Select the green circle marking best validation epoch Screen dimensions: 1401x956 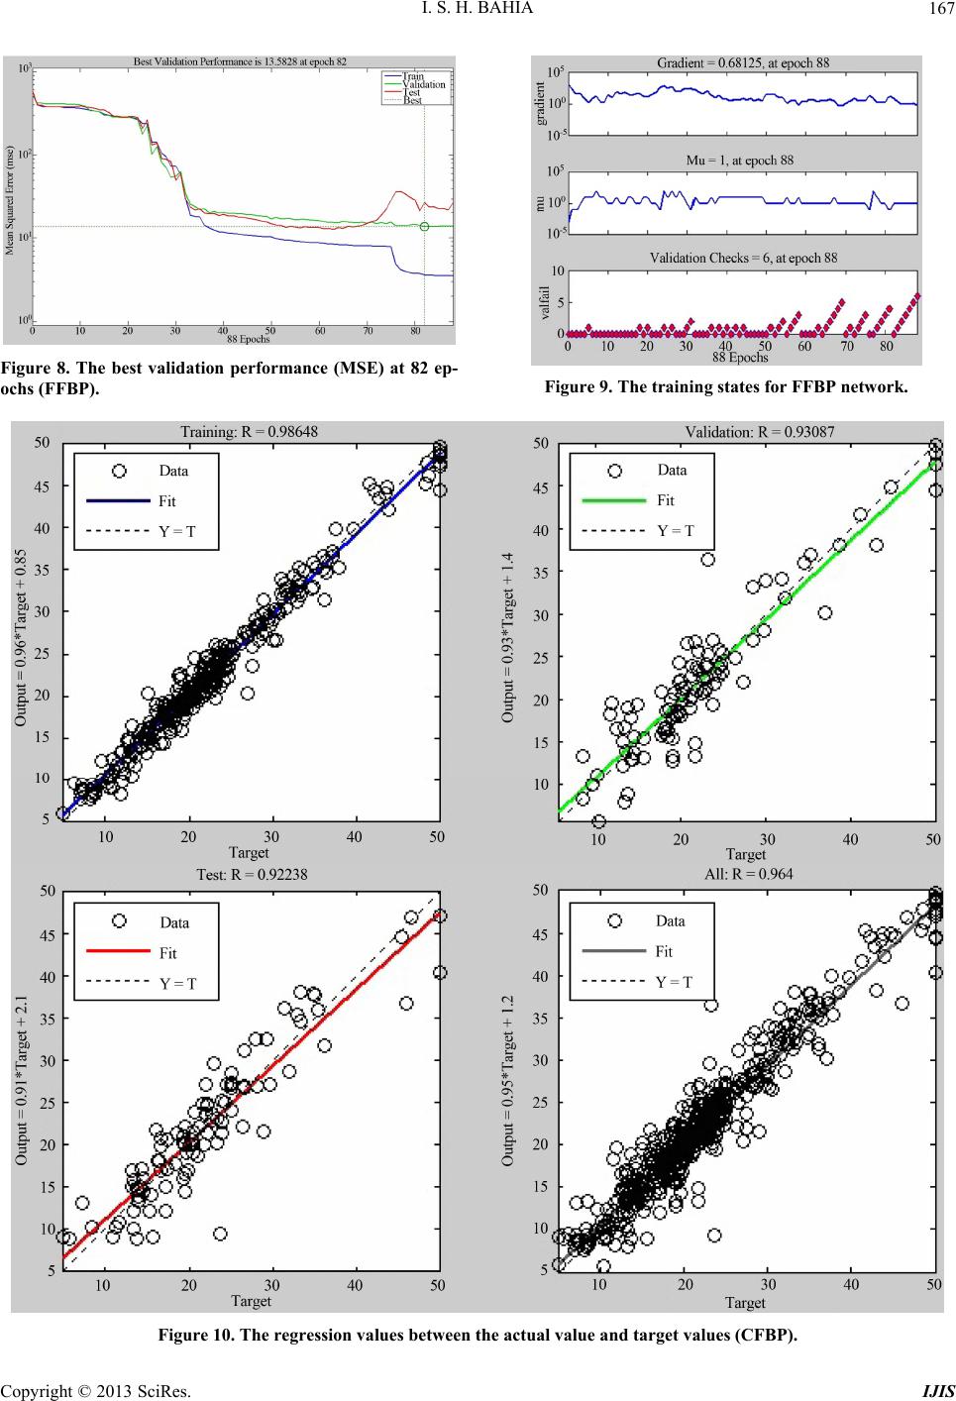point(424,226)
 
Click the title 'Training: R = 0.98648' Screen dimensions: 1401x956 point(249,431)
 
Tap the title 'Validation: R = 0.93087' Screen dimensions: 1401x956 point(745,431)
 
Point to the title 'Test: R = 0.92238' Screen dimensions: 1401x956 point(249,874)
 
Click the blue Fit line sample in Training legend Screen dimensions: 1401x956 point(115,501)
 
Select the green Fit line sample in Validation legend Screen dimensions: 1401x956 point(613,500)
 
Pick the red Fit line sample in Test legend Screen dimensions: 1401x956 point(116,952)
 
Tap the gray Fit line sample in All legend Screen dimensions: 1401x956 point(613,951)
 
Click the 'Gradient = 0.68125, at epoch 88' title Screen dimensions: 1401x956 point(743,62)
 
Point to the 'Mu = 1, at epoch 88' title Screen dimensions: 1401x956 point(740,160)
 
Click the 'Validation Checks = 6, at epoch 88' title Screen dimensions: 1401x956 point(743,258)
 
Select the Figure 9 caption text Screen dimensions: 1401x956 point(725,386)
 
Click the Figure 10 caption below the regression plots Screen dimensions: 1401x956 point(478,1334)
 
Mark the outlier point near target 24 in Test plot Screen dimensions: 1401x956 point(220,1234)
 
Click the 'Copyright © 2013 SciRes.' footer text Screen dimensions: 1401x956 point(95,1390)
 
